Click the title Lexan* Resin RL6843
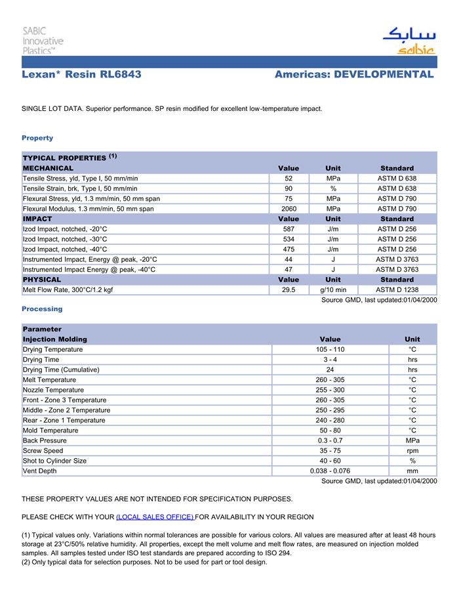point(81,75)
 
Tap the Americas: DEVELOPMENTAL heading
point(354,75)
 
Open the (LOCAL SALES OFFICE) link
point(155,517)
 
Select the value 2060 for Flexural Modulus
point(289,209)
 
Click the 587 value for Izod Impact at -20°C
point(289,229)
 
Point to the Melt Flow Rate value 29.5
point(289,290)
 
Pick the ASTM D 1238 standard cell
point(397,290)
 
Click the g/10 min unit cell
point(333,290)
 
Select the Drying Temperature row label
point(53,350)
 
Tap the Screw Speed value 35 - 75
point(330,451)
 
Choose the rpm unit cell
point(412,451)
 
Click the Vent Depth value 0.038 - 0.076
point(330,471)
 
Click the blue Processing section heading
point(42,309)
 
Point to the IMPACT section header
point(37,219)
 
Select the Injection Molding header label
point(55,339)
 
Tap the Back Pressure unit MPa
point(412,440)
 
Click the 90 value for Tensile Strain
point(289,188)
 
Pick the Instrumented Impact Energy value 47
point(289,270)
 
